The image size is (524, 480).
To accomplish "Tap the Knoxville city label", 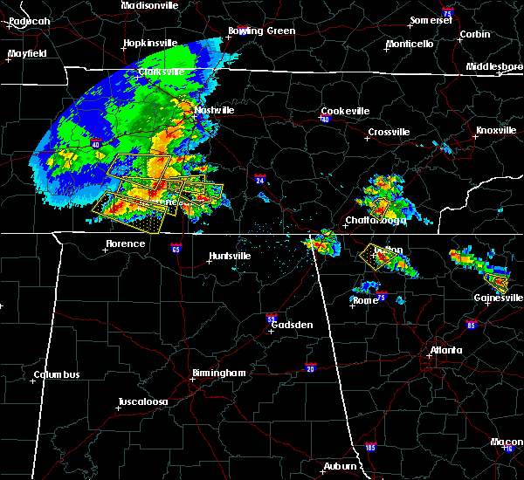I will (495, 131).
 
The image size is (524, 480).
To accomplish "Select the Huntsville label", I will (229, 257).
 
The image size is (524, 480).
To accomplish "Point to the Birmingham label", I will (218, 373).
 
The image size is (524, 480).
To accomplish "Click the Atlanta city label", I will (446, 352).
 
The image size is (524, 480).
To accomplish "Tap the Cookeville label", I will (345, 111).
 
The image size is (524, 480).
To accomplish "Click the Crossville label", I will (389, 132).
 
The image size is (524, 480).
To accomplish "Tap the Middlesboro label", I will (493, 66).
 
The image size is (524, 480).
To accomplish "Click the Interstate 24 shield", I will (260, 180).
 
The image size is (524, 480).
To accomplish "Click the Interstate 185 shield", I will (370, 448).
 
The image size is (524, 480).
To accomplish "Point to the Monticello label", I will (410, 44).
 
